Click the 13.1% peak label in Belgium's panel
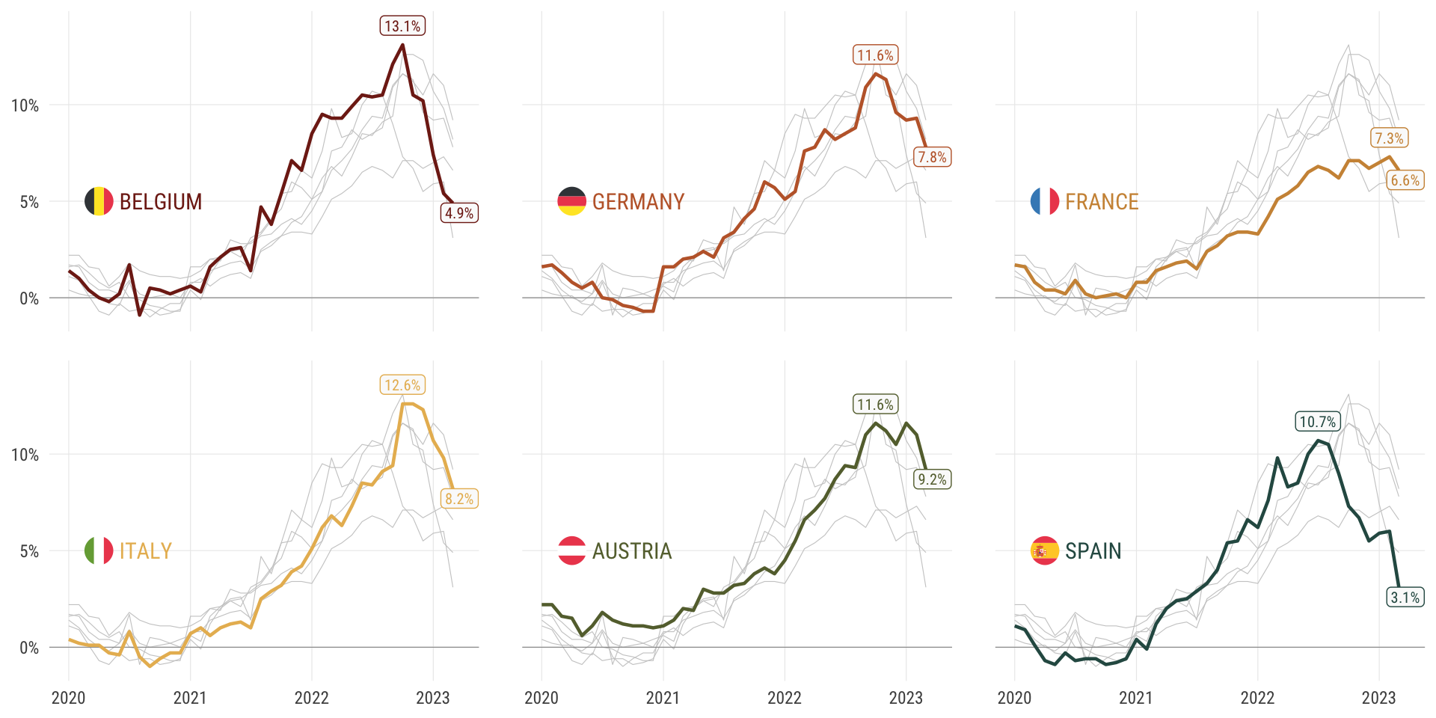tap(402, 26)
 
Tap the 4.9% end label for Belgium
tap(459, 213)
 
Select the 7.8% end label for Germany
tap(933, 157)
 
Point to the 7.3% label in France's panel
tap(1390, 138)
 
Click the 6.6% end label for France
tap(1405, 180)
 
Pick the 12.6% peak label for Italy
tap(402, 385)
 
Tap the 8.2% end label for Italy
tap(459, 499)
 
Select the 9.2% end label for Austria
tap(933, 479)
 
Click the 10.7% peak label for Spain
tap(1318, 422)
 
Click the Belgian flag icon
tap(99, 201)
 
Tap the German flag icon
tap(571, 201)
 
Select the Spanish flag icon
tap(1044, 551)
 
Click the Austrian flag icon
tap(571, 551)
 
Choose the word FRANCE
tap(1102, 202)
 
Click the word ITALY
tap(146, 551)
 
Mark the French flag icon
tap(1044, 201)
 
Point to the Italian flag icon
tap(99, 551)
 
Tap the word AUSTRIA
tap(632, 551)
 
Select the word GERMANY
tap(639, 202)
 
